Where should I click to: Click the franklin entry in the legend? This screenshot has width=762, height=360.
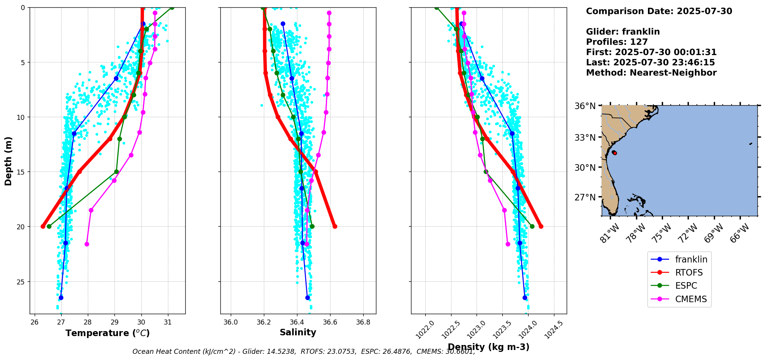click(x=679, y=259)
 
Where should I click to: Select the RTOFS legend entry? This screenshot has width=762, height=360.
click(x=679, y=273)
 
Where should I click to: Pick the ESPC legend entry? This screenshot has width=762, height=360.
click(x=679, y=286)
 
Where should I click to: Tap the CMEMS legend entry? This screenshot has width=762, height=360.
click(x=679, y=299)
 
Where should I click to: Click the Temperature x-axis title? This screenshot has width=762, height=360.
click(x=107, y=333)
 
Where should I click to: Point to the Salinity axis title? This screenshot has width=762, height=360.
click(x=298, y=332)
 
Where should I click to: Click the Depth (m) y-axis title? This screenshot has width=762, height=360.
click(x=8, y=161)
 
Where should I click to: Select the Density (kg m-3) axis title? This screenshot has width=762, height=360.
click(x=488, y=347)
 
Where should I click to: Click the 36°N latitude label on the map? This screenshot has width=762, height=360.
click(x=586, y=106)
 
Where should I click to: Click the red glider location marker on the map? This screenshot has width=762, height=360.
click(x=615, y=153)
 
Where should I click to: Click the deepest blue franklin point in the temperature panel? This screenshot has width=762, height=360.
click(x=60, y=298)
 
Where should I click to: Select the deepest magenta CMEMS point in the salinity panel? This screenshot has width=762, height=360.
click(x=307, y=244)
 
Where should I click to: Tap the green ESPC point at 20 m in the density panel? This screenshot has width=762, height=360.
click(x=532, y=226)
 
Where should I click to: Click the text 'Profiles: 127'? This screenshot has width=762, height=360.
click(x=617, y=42)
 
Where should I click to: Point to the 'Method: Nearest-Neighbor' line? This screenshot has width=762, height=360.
click(x=651, y=73)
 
